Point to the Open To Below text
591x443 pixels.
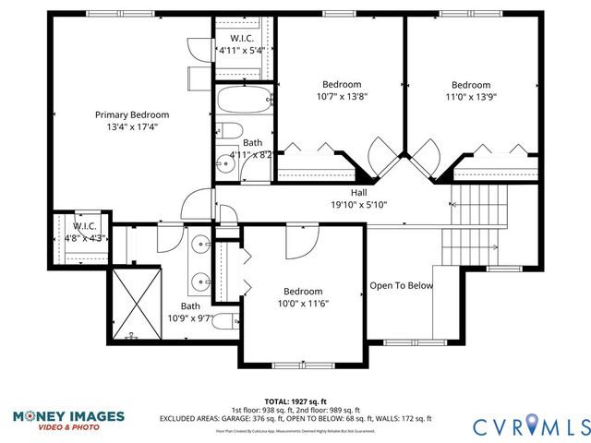[x=401, y=285]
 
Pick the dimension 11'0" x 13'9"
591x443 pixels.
[x=471, y=96]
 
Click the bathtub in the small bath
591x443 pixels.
[x=243, y=99]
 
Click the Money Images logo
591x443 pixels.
[x=68, y=420]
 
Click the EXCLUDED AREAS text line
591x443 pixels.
[x=295, y=419]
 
